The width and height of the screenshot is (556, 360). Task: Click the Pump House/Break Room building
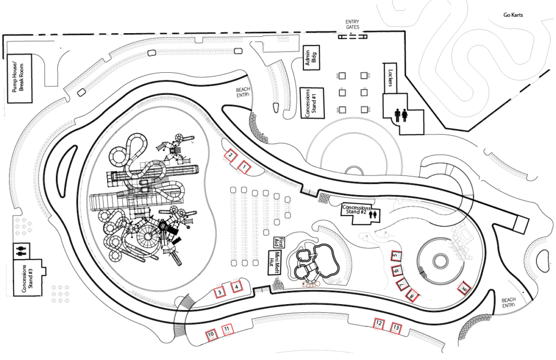point(19,78)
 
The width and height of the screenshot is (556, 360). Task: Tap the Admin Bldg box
point(311,58)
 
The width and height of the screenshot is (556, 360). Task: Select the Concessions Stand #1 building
point(312,103)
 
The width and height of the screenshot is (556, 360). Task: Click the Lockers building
point(390,78)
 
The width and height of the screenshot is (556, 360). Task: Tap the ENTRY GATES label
point(352,24)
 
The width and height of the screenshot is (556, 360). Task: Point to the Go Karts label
point(513,15)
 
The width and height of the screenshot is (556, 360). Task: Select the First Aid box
point(279,242)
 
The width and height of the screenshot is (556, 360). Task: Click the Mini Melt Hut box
point(275,262)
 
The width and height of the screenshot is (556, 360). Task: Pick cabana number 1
point(244,167)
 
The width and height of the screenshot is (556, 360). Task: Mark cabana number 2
point(230,155)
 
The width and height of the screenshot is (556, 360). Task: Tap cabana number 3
point(220,293)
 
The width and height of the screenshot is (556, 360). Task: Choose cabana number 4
point(237,286)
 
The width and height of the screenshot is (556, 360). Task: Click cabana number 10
point(211,334)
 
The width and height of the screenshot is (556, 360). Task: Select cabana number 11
point(228,329)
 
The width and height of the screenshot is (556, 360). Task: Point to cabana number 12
point(379,323)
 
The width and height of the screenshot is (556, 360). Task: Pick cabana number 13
point(396,328)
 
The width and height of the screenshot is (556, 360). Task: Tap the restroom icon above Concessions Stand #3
point(22,250)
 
